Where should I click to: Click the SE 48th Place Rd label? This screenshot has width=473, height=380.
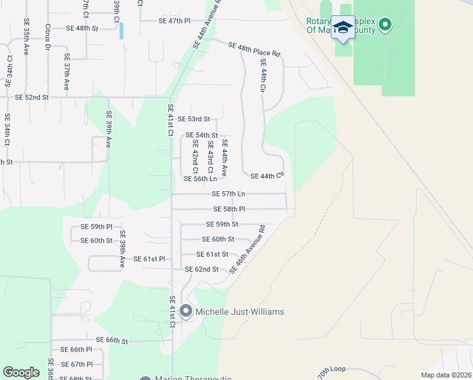[254, 49]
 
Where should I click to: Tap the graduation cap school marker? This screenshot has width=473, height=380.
[343, 28]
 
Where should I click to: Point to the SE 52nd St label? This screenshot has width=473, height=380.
[32, 97]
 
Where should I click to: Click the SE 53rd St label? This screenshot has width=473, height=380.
[193, 119]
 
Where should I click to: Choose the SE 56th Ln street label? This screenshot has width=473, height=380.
[200, 179]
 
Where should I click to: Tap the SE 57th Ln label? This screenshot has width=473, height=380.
[228, 194]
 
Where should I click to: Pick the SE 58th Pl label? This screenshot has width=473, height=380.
[229, 209]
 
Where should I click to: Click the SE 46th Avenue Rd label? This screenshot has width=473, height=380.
[247, 250]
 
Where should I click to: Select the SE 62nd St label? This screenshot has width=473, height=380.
[202, 269]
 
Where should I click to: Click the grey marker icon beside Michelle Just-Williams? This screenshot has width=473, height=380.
[186, 311]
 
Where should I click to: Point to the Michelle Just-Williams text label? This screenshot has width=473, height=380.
[240, 312]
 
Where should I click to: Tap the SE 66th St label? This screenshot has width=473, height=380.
[112, 341]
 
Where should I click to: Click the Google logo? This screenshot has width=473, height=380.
[21, 372]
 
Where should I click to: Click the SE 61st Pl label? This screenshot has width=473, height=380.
[149, 259]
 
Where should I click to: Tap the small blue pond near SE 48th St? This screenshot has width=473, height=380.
[121, 30]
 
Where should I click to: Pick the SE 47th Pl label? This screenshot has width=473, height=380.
[175, 21]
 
